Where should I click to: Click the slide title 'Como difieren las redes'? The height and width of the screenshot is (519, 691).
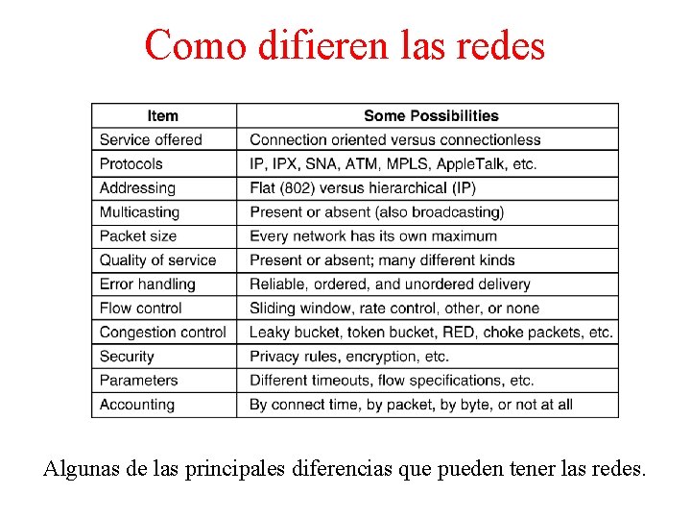[x=345, y=44]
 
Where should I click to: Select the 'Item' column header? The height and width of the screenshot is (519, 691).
[x=163, y=115]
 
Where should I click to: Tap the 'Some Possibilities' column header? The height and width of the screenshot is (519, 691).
[x=431, y=115]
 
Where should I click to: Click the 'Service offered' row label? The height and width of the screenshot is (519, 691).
[x=151, y=140]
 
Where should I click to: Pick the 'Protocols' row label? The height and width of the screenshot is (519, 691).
[x=131, y=164]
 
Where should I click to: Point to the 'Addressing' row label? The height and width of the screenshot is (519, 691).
[x=137, y=188]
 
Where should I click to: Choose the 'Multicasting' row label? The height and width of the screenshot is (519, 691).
[x=139, y=212]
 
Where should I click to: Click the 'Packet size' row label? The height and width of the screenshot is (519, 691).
[x=138, y=236]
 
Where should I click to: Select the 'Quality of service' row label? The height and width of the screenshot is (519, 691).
[x=157, y=260]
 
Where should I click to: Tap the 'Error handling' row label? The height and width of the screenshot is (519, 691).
[x=147, y=284]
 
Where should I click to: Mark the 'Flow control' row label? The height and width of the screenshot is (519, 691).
[x=140, y=309]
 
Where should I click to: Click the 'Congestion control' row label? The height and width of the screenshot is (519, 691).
[x=163, y=333]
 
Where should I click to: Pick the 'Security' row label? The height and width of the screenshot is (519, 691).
[x=127, y=357]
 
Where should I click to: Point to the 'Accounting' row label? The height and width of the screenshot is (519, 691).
[x=137, y=405]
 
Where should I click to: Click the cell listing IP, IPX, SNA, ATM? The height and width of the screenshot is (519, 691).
[x=393, y=164]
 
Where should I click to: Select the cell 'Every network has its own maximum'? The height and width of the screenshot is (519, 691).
[x=373, y=236]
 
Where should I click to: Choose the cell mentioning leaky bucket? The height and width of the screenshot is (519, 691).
[x=431, y=333]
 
